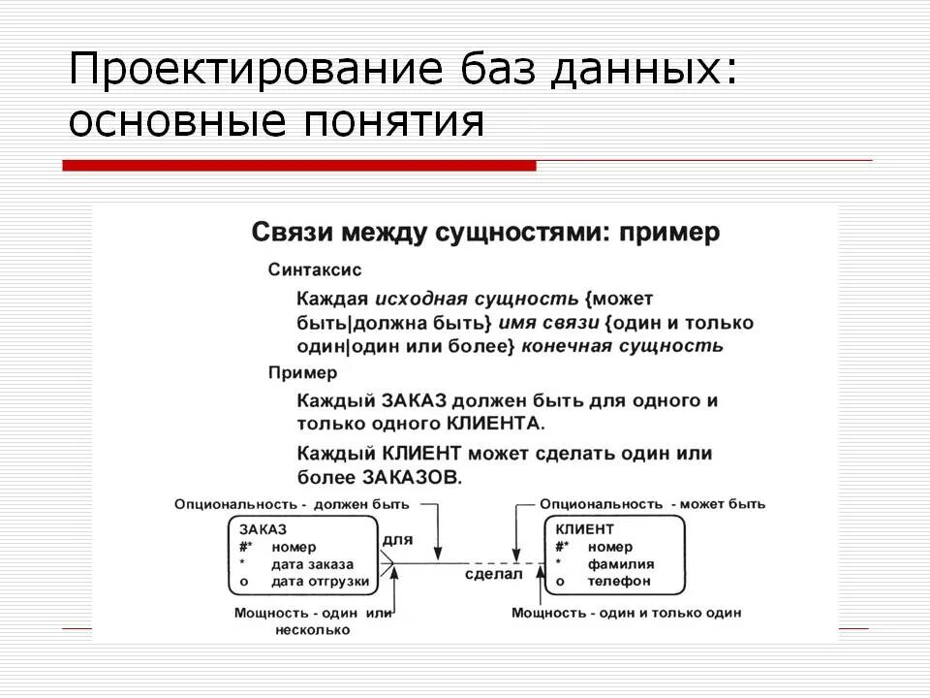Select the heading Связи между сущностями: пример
tap(485, 234)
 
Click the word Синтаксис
tap(315, 270)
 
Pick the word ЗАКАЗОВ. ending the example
tap(413, 477)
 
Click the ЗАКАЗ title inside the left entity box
tap(263, 529)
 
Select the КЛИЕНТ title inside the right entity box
tap(585, 529)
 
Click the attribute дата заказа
tap(312, 564)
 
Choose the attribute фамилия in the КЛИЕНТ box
tap(620, 564)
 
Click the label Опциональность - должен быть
tap(292, 504)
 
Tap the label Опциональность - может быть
tap(652, 504)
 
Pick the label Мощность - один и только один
tap(626, 614)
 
